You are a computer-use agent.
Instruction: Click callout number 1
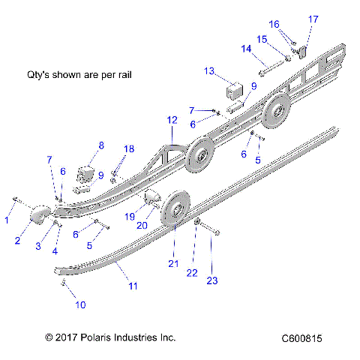[x=7, y=220]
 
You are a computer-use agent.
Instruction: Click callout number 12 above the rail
[x=172, y=120]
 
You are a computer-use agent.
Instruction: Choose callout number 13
[x=209, y=70]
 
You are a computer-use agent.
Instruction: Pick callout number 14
[x=245, y=49]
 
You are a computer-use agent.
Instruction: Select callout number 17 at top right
[x=313, y=19]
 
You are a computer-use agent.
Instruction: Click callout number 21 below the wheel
[x=174, y=264]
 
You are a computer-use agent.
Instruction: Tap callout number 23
[x=212, y=281]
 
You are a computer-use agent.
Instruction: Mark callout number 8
[x=101, y=145]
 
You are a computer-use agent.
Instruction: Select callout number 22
[x=192, y=273]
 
